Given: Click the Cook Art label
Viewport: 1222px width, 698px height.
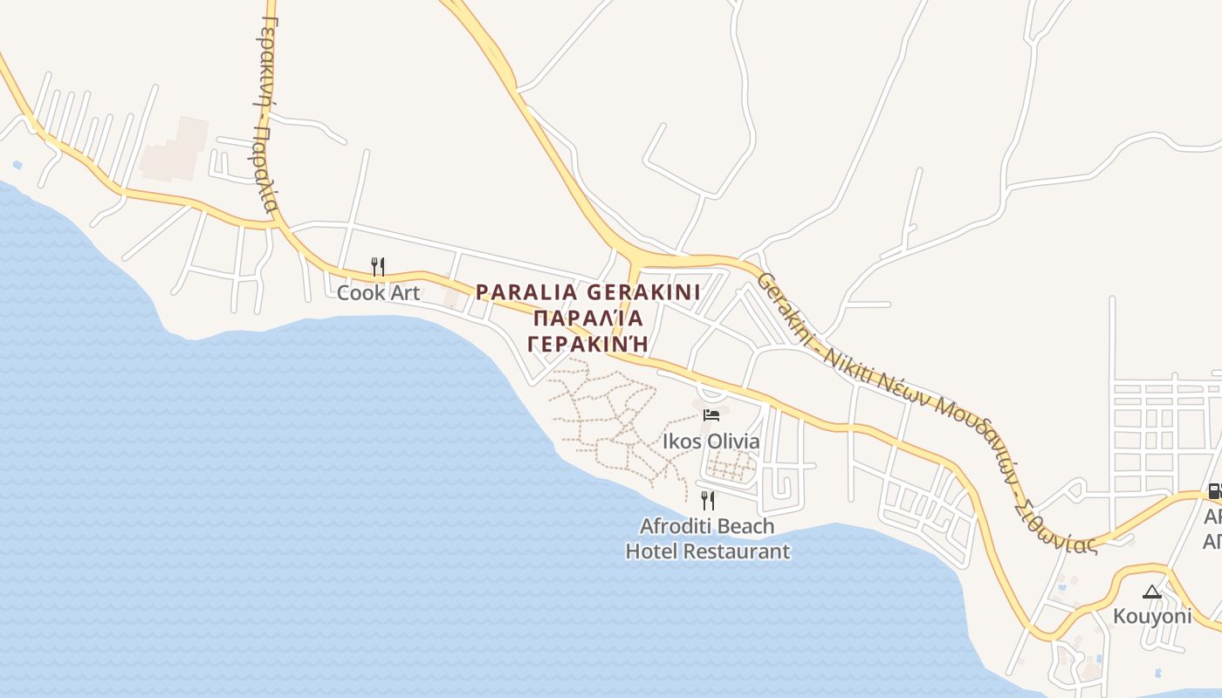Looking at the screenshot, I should coord(378,293).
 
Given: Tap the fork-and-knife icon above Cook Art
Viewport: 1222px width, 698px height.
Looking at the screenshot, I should coord(378,266).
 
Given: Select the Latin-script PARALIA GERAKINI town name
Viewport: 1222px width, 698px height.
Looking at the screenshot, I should coord(588,291).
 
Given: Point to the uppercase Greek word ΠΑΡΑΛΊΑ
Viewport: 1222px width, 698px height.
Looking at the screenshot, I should coord(588,318).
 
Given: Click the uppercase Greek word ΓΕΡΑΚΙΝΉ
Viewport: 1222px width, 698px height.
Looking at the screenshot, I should coord(588,343).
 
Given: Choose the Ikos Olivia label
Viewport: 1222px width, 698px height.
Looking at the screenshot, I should coord(711,441).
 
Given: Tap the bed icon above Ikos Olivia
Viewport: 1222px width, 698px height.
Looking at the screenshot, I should coord(711,414).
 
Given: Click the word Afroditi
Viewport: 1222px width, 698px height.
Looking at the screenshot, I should coord(677,526).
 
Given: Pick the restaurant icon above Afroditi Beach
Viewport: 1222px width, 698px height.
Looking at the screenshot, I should coord(708,500).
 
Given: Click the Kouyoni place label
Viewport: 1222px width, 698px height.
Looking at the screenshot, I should coord(1151,617).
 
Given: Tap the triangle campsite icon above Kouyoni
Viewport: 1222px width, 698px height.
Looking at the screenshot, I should coord(1151,592).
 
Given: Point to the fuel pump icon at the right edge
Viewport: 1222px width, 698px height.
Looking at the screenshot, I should coord(1214,490).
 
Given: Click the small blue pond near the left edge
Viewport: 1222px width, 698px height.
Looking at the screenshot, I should coord(17,164).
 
